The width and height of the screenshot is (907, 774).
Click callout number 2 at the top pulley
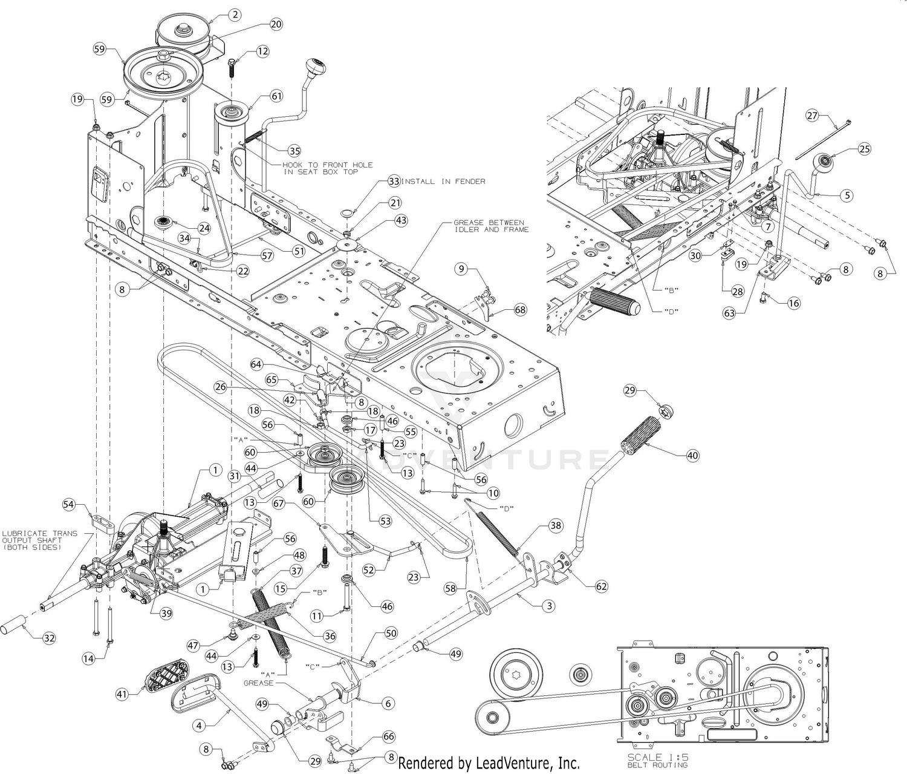tap(235, 15)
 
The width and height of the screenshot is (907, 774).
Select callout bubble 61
tap(276, 96)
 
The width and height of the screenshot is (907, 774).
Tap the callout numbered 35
tap(294, 151)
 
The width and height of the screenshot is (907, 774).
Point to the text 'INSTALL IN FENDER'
tap(443, 181)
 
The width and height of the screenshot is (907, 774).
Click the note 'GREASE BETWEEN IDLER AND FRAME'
tap(491, 226)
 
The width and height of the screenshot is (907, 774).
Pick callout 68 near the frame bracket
tap(520, 310)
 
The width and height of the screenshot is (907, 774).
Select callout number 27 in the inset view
tap(812, 116)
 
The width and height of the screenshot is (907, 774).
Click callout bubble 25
tap(864, 149)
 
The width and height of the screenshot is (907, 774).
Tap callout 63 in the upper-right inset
tap(729, 313)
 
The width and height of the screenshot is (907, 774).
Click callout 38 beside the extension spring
tap(556, 526)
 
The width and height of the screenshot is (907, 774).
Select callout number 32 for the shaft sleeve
tap(49, 638)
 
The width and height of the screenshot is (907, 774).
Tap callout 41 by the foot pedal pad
tap(122, 694)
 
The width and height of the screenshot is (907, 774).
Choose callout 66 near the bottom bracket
tap(389, 736)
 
